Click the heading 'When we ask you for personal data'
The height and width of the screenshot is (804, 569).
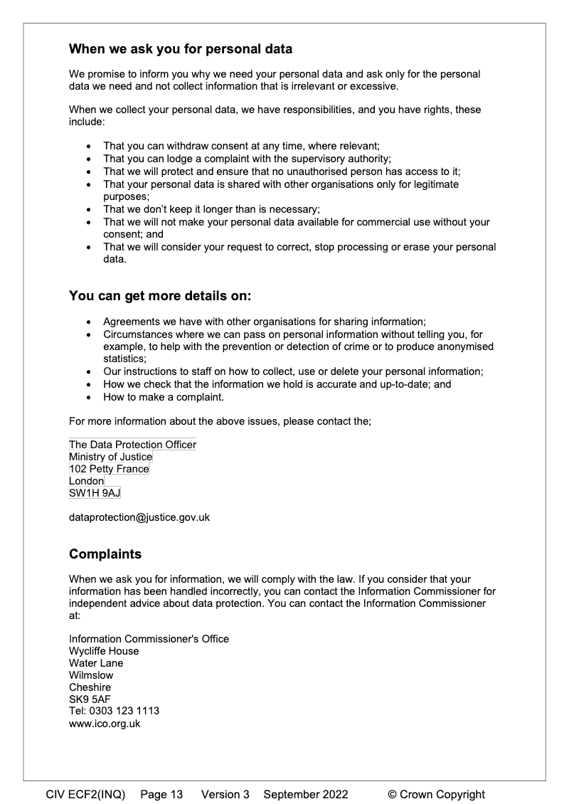pos(181,50)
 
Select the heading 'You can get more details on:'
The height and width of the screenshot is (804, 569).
pos(160,295)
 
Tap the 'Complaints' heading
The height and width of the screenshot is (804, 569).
pos(105,554)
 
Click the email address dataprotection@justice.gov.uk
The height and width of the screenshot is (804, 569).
pos(139,517)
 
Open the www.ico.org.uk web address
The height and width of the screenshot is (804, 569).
pos(105,724)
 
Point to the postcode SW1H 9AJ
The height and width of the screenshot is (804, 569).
pos(95,493)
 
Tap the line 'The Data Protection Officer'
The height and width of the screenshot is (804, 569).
pos(132,445)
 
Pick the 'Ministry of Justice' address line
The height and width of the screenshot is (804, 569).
pos(110,457)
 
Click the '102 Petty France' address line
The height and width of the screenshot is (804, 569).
pos(109,469)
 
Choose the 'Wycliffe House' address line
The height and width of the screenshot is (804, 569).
pos(104,651)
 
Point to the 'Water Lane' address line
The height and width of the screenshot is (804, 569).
pos(96,663)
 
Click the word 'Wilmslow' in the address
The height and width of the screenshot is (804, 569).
pos(91,675)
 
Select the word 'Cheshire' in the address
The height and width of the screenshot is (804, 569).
pos(90,687)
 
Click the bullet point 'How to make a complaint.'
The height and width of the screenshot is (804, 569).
pos(163,397)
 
